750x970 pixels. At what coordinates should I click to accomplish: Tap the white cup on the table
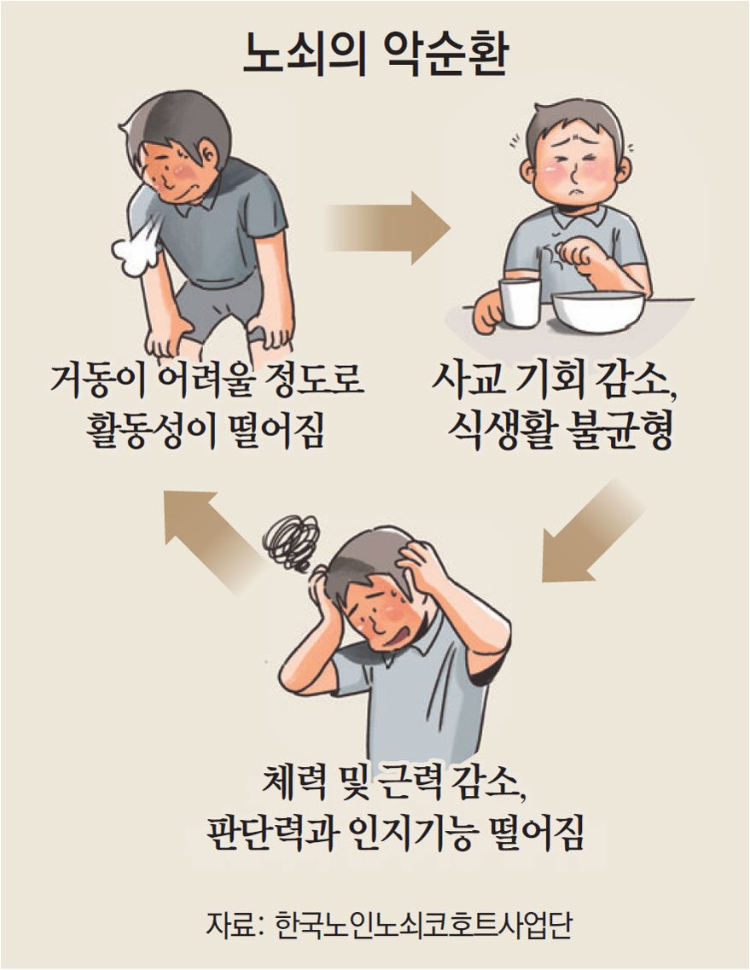(520, 302)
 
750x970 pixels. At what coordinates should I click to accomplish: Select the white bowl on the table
(598, 311)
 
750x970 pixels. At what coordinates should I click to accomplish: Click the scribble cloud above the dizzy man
(291, 543)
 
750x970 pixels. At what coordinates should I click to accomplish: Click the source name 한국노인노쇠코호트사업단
(424, 926)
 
